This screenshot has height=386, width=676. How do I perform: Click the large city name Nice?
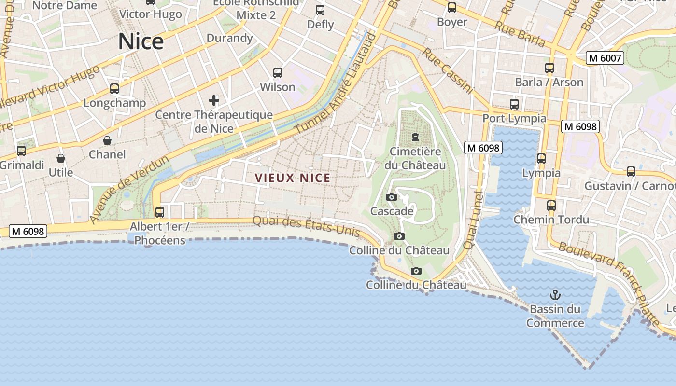tap(141, 41)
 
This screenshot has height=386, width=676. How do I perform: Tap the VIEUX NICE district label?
tap(293, 178)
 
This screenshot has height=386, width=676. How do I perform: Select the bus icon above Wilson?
tap(278, 73)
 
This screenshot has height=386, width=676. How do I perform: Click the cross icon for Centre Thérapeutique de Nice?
tap(214, 100)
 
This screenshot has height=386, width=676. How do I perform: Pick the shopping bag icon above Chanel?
tap(107, 140)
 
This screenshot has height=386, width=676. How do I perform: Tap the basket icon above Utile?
tap(61, 158)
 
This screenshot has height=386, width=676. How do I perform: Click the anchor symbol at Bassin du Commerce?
tap(555, 294)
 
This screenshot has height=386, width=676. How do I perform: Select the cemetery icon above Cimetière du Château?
tap(415, 138)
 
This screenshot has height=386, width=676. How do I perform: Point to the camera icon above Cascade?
tap(392, 197)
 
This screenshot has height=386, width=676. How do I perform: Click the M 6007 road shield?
tap(605, 58)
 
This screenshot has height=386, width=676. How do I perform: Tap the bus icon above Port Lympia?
tap(514, 104)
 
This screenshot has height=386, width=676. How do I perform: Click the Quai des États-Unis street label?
tap(306, 225)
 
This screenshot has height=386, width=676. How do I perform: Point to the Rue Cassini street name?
tap(447, 70)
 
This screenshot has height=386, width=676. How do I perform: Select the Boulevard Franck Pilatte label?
tap(609, 282)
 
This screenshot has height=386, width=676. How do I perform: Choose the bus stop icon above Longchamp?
tap(114, 89)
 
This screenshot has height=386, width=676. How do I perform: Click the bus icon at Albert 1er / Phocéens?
tap(160, 212)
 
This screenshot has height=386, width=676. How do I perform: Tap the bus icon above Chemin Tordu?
tap(551, 206)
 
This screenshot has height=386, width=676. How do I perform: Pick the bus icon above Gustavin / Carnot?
tap(631, 172)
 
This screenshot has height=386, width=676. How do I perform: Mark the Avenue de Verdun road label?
tap(129, 189)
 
